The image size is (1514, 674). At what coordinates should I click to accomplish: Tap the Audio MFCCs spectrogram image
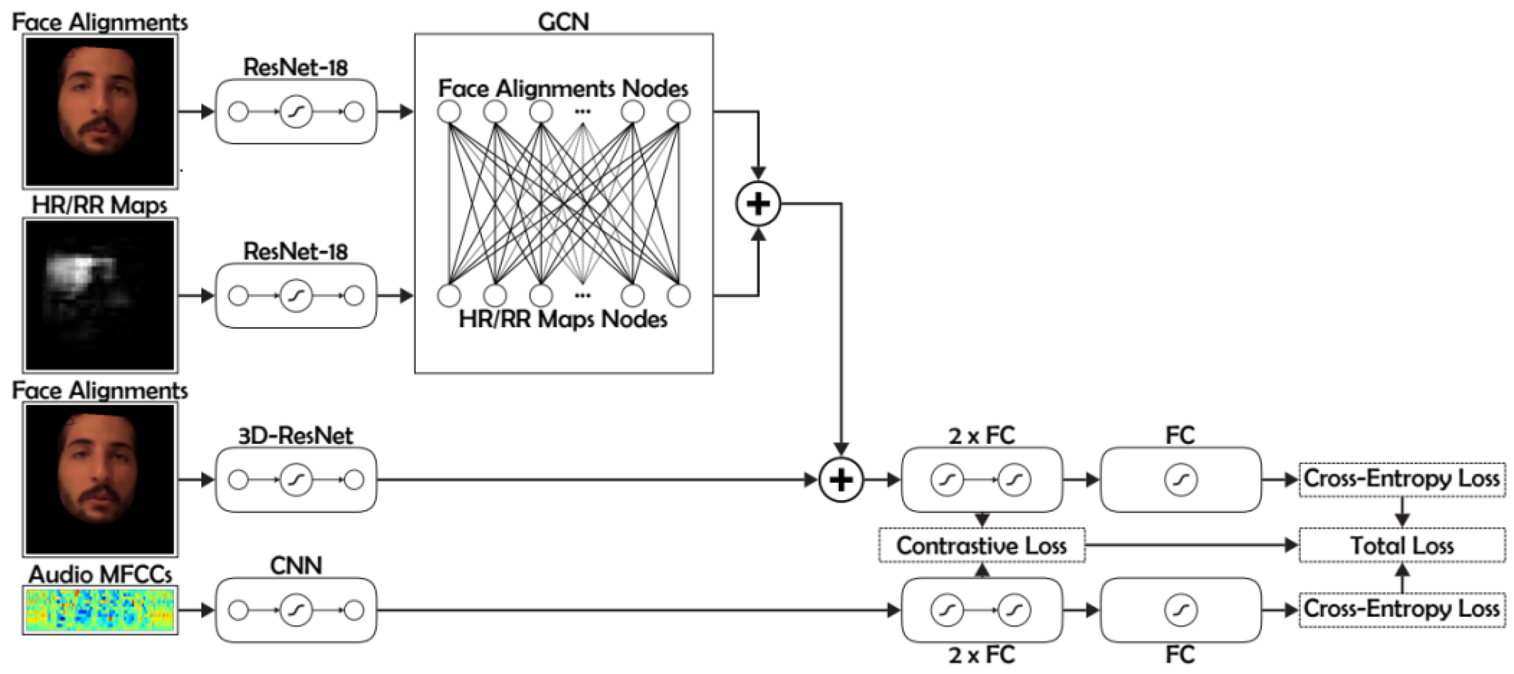[x=100, y=610]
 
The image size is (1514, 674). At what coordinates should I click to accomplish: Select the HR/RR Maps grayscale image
[x=100, y=295]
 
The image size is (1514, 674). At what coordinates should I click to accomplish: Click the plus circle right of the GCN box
[x=758, y=204]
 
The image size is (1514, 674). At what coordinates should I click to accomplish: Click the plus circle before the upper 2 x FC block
[x=841, y=480]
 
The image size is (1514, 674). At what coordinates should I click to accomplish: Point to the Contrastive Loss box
[x=982, y=545]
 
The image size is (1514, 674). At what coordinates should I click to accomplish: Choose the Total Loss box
[x=1402, y=545]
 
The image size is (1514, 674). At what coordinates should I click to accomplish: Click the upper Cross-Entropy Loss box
[x=1402, y=479]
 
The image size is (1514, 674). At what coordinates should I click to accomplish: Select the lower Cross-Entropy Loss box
[x=1402, y=609]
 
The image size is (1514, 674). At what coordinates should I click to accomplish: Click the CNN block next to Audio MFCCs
[x=296, y=610]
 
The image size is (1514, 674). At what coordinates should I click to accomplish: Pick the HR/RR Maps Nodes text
[x=562, y=319]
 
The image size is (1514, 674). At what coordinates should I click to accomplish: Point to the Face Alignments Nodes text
[x=562, y=89]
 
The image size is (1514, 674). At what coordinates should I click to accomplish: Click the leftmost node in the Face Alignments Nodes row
[x=449, y=112]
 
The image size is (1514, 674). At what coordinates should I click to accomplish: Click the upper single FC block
[x=1180, y=480]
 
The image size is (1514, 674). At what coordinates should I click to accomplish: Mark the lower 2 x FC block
[x=982, y=610]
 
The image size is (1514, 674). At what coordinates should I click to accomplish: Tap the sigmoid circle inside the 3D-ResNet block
[x=296, y=480]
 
